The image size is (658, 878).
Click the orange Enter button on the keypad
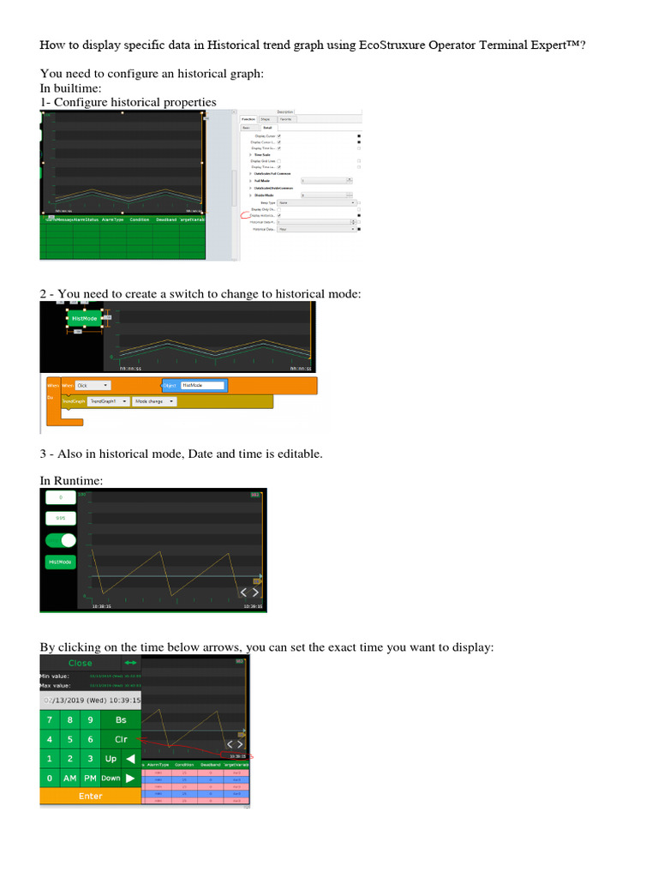tap(90, 796)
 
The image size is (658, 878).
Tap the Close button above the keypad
tap(80, 663)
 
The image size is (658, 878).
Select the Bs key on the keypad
tap(121, 720)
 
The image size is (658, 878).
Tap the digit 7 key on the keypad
tap(50, 720)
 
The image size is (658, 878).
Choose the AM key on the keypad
tap(70, 778)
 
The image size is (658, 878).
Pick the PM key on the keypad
tap(91, 778)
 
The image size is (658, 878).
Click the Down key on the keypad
tap(111, 778)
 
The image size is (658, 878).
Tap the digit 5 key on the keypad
tap(70, 739)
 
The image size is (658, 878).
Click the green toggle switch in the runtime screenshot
tap(61, 541)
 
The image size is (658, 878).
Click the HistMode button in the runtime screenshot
tap(61, 562)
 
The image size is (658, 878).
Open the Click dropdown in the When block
tap(93, 386)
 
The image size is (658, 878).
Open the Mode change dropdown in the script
tap(154, 400)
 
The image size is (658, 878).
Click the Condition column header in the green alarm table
tap(139, 220)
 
